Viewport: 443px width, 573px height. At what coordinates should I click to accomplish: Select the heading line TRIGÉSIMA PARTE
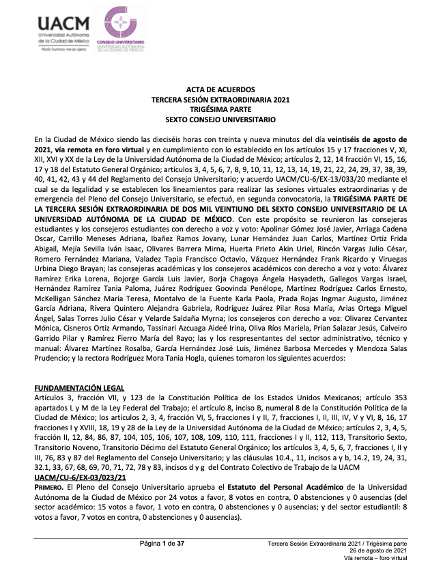[x=220, y=109]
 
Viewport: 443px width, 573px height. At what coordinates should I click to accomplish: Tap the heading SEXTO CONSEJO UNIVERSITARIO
[x=220, y=118]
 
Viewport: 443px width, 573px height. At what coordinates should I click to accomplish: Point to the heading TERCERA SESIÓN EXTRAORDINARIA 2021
[x=220, y=100]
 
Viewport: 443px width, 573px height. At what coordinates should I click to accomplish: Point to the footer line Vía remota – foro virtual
[x=375, y=558]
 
